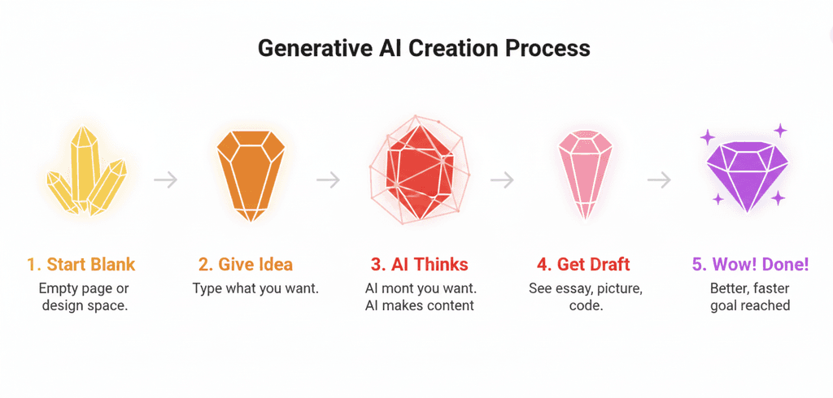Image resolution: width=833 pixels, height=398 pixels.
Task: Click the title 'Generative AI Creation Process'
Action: pyautogui.click(x=424, y=48)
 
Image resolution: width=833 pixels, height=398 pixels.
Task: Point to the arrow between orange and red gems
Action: pyautogui.click(x=328, y=180)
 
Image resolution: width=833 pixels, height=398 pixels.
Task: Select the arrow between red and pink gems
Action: pyautogui.click(x=503, y=180)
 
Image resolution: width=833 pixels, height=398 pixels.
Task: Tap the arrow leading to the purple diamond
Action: pyautogui.click(x=659, y=180)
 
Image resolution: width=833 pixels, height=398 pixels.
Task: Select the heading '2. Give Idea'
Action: pyautogui.click(x=246, y=265)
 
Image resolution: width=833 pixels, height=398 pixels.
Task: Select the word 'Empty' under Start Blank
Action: pyautogui.click(x=59, y=288)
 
